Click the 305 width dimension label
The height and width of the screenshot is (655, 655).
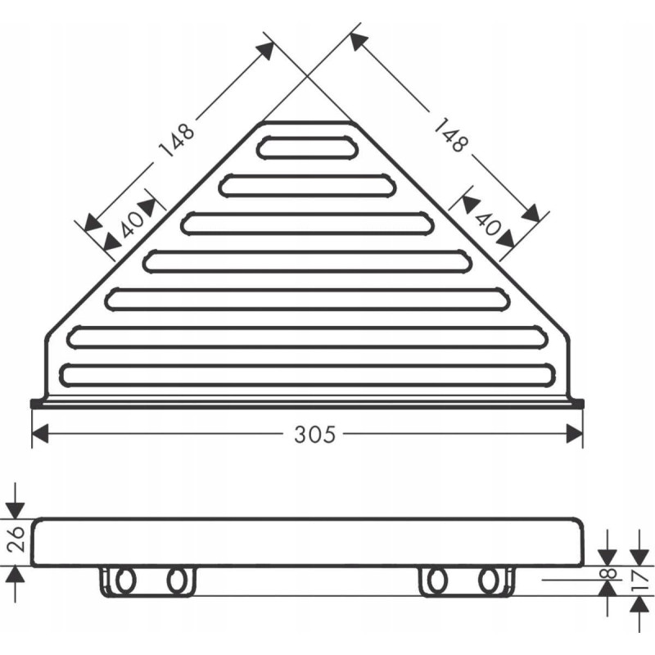314,434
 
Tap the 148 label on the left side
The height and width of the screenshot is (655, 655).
177,139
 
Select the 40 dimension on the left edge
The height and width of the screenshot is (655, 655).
133,224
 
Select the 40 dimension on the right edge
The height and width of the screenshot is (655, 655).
488,224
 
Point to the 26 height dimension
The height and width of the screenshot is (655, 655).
16,539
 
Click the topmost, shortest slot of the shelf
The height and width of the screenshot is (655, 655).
307,147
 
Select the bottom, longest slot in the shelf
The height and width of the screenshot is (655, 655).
308,375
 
